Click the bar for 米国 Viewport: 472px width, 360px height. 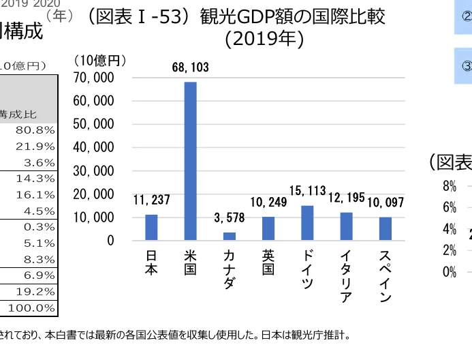pos(191,161)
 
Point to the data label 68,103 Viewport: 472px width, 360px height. pos(191,67)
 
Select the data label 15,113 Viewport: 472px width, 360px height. pos(307,190)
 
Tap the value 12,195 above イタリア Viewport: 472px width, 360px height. pos(347,197)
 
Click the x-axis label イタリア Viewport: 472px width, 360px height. pos(346,275)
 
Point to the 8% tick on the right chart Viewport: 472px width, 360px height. pos(449,186)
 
